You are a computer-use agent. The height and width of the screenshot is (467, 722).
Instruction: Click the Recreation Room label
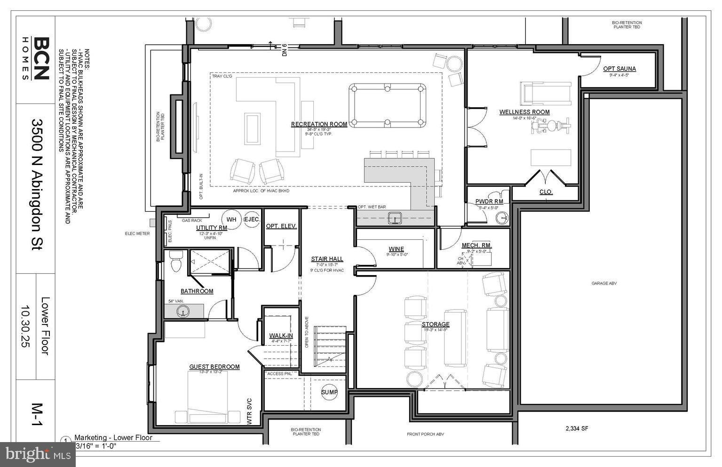(x=319, y=124)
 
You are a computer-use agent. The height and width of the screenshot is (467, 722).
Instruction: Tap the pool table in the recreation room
(x=387, y=106)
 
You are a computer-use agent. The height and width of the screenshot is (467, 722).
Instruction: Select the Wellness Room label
(x=524, y=112)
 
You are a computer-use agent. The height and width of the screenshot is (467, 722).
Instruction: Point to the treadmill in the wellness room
(x=545, y=93)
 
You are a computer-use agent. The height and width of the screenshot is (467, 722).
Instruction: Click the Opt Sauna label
(x=619, y=69)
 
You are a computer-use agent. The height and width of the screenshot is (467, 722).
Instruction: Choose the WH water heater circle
(x=231, y=219)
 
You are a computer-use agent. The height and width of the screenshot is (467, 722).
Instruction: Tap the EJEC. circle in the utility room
(x=252, y=219)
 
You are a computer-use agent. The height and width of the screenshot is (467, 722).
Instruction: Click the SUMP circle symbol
(x=329, y=392)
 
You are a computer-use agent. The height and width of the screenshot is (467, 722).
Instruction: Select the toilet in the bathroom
(x=176, y=261)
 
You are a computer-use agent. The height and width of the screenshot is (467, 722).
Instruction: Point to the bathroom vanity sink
(x=182, y=311)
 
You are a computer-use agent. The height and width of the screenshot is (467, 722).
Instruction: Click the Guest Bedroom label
(x=214, y=367)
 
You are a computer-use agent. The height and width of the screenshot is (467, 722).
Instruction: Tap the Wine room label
(x=396, y=249)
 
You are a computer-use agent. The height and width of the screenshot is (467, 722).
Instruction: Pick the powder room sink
(x=502, y=218)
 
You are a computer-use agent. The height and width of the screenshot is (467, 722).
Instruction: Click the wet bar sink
(x=394, y=217)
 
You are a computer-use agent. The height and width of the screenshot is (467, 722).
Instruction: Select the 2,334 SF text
(x=577, y=428)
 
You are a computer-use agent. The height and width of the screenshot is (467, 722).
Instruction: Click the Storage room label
(x=436, y=325)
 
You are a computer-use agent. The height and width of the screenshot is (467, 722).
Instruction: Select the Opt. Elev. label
(x=281, y=226)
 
